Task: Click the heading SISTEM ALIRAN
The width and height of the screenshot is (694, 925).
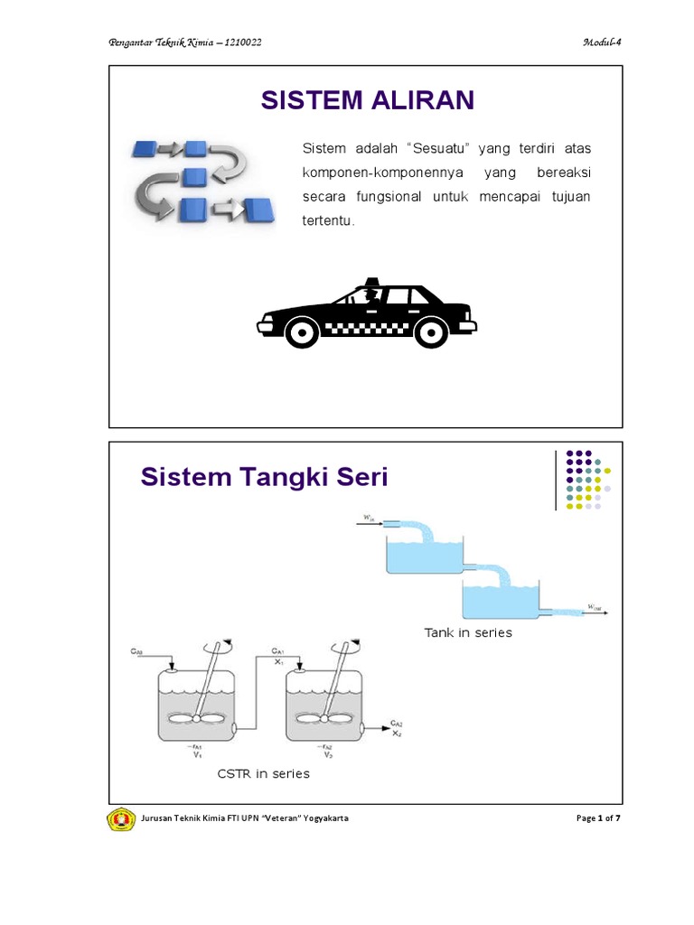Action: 367,100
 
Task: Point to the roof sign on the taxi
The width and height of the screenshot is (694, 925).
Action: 371,281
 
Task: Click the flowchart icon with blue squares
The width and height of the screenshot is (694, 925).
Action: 197,180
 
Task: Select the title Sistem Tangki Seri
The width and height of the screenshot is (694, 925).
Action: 264,476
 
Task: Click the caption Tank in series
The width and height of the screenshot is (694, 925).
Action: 467,632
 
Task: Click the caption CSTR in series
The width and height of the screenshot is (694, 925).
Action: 263,773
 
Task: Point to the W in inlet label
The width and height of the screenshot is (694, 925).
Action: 369,518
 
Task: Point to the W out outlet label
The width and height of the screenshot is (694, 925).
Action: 594,606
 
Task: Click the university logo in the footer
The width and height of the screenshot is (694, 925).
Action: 121,818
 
